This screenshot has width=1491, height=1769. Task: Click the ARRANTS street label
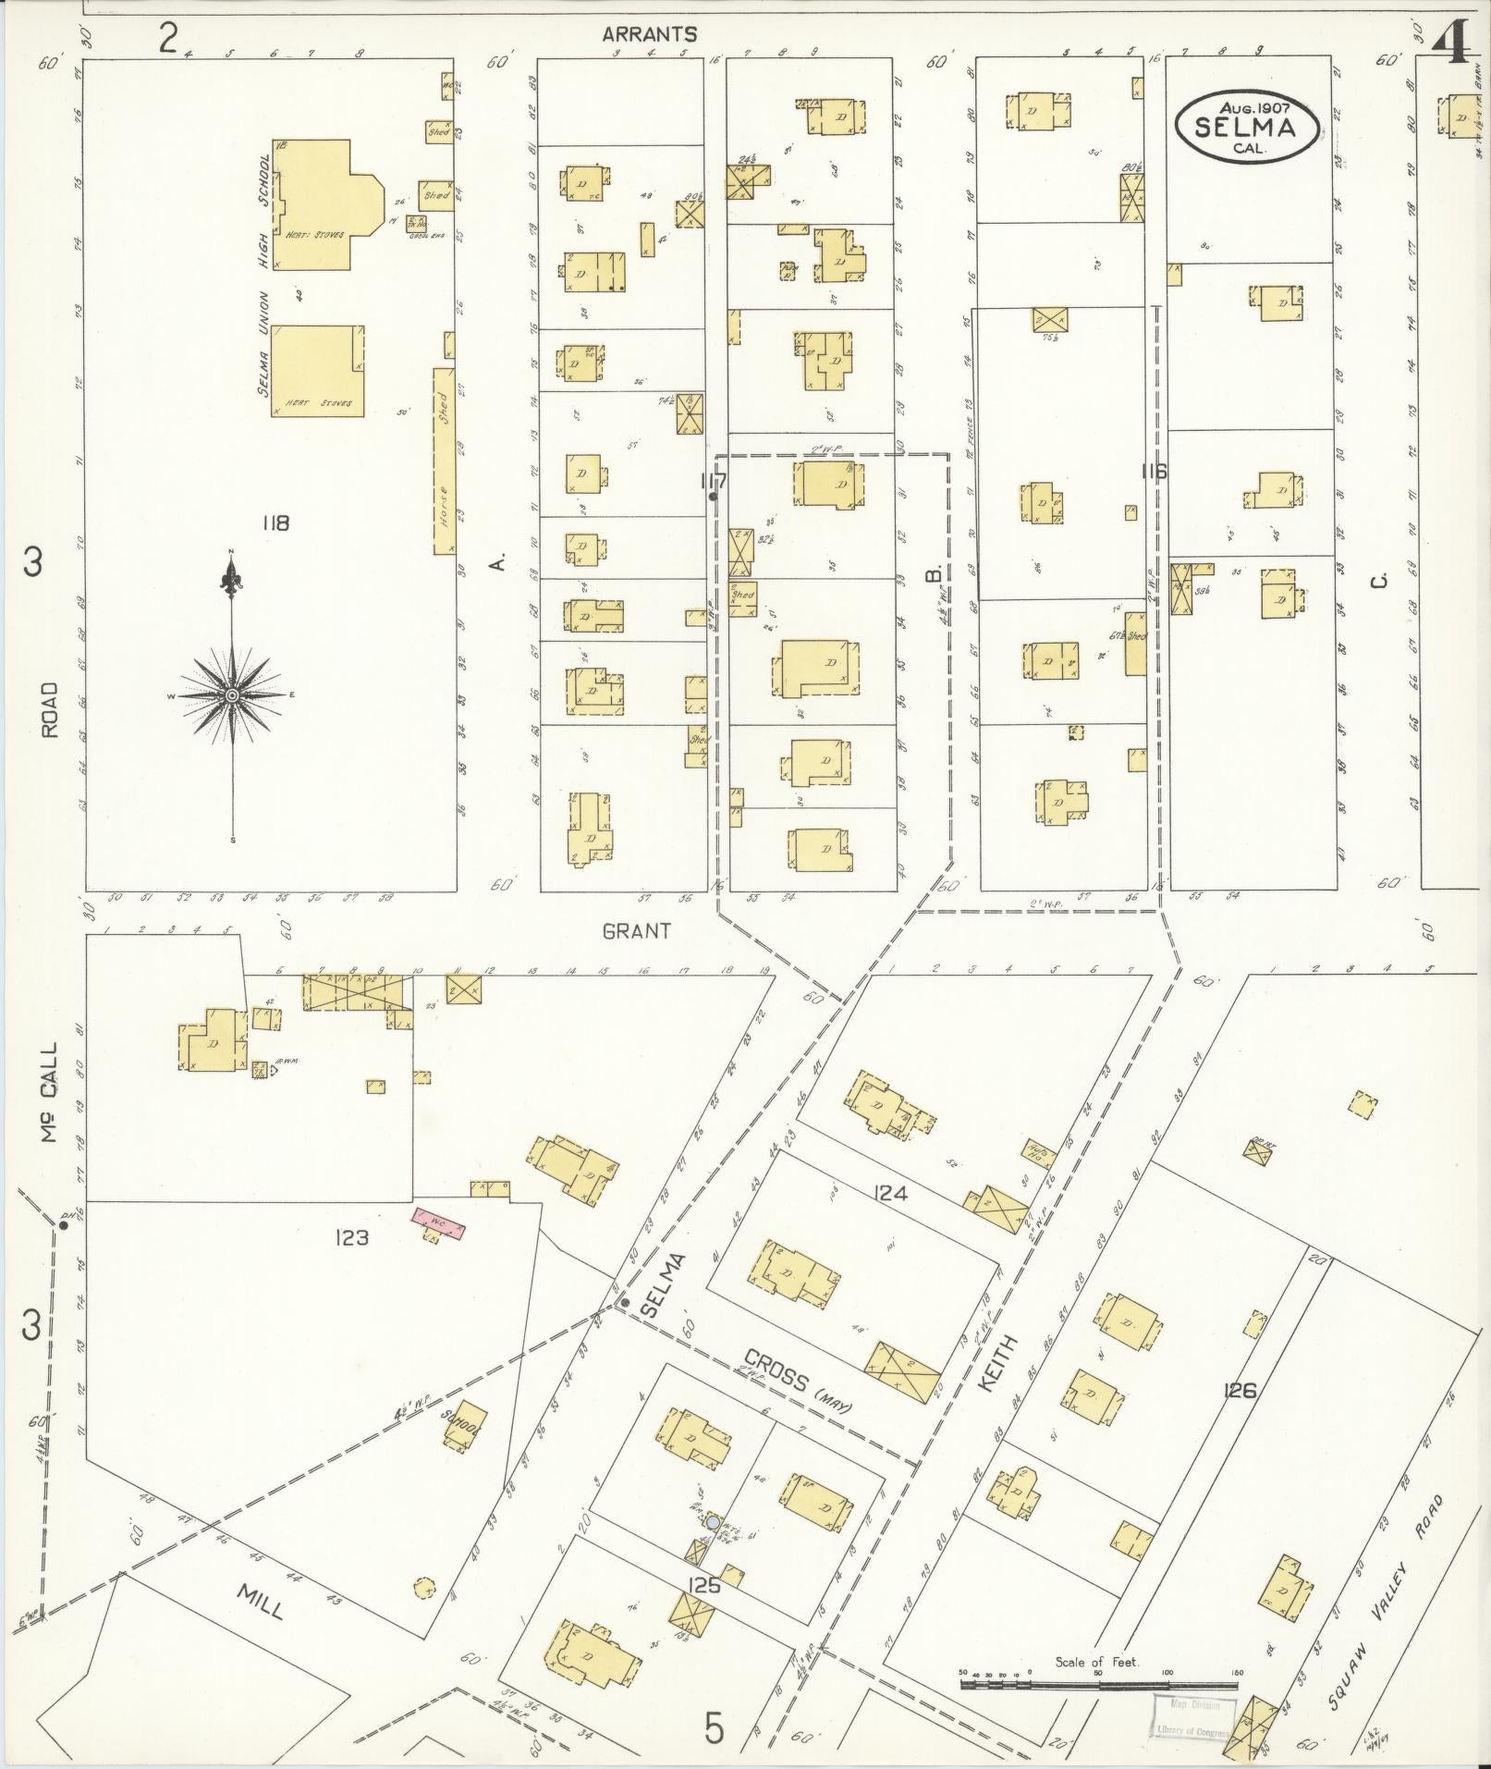tap(649, 35)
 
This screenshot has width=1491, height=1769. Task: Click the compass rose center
tap(232, 694)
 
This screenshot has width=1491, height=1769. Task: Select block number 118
tap(275, 523)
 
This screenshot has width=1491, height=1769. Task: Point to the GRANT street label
tap(636, 931)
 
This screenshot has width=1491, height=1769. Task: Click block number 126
tap(1239, 1390)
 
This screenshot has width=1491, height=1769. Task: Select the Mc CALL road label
tap(48, 1091)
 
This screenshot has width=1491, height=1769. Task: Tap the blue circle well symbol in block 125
tap(713, 1521)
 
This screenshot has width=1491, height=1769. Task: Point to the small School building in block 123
tap(460, 1454)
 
